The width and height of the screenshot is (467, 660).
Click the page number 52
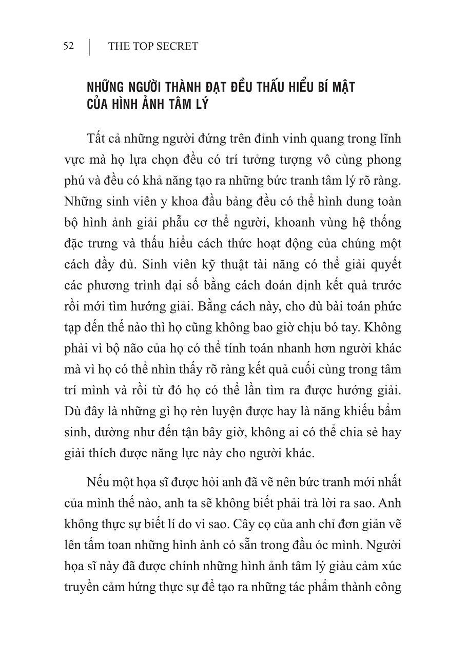point(69,46)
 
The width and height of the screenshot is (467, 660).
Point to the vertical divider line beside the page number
point(90,46)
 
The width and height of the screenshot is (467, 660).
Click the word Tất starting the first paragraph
point(97,139)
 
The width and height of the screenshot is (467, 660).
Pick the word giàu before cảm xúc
point(317,566)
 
